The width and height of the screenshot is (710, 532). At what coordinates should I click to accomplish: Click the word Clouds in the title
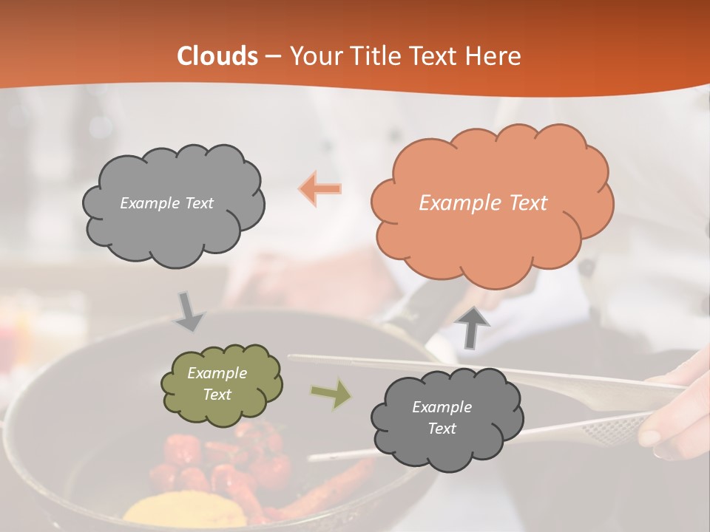click(x=217, y=56)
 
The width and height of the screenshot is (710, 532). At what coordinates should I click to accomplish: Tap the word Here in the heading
click(x=494, y=56)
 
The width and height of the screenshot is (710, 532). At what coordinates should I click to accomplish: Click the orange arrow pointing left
click(x=320, y=189)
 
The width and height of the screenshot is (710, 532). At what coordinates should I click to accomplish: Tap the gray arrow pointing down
click(x=189, y=311)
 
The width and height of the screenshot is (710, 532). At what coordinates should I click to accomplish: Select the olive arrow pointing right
click(x=331, y=394)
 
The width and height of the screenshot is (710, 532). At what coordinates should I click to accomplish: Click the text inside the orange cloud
click(x=483, y=203)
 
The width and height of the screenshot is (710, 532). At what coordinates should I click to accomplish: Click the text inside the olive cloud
click(x=217, y=383)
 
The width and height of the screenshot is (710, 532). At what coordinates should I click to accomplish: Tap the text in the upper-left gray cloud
click(x=166, y=203)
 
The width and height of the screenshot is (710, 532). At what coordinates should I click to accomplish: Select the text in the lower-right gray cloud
click(x=442, y=417)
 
